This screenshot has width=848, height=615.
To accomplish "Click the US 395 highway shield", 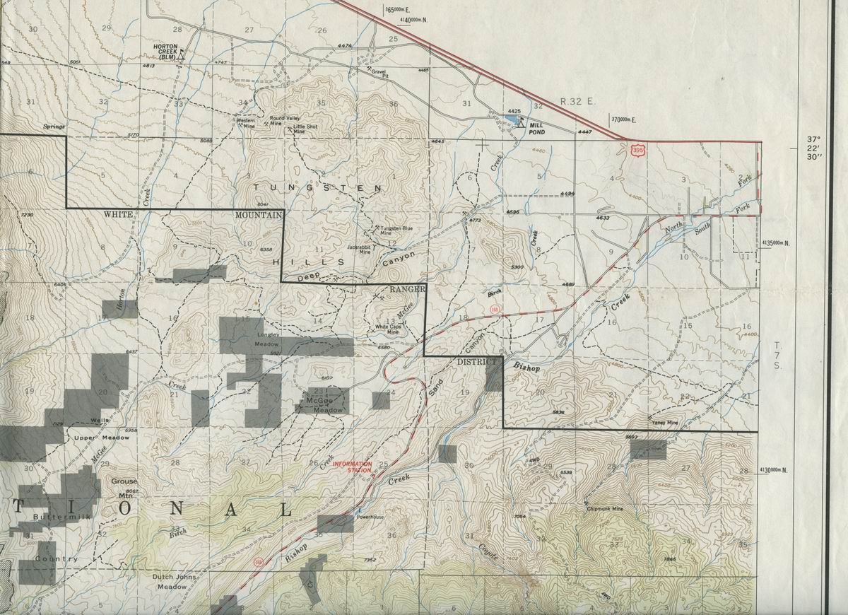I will (x=638, y=150).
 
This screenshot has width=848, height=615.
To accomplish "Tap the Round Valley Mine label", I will (x=285, y=121).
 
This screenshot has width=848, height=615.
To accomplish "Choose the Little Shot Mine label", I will (x=306, y=129).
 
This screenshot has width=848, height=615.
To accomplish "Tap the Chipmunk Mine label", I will (x=604, y=508).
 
